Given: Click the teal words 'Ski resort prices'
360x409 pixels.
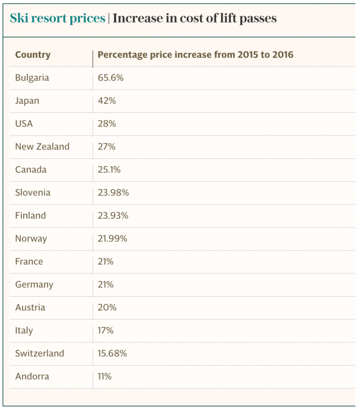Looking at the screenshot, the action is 57,19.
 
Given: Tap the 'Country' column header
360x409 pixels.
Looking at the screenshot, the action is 33,55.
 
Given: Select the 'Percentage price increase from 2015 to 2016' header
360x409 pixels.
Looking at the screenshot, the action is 195,55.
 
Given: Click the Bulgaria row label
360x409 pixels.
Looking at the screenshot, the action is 32,78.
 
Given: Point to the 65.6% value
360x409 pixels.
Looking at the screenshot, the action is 110,78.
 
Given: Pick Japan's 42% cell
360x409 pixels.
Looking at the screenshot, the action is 107,101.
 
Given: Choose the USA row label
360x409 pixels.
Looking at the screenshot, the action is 24,124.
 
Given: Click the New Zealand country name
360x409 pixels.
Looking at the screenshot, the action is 42,147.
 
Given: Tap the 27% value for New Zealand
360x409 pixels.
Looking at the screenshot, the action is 107,147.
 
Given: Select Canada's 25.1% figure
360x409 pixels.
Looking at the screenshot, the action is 109,170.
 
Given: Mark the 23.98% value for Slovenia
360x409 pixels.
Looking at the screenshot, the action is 113,193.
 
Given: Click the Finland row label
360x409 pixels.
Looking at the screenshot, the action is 31,215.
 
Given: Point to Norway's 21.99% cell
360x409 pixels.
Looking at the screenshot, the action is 112,239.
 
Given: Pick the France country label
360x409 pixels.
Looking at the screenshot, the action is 29,262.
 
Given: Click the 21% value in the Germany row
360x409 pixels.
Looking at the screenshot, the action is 106,284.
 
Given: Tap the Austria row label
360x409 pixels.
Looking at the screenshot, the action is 31,308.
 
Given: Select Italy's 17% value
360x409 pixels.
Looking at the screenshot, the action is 106,330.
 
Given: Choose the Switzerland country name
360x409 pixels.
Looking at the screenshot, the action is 40,353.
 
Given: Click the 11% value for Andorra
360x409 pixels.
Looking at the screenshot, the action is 104,377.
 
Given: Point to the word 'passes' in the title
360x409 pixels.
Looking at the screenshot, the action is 258,19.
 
